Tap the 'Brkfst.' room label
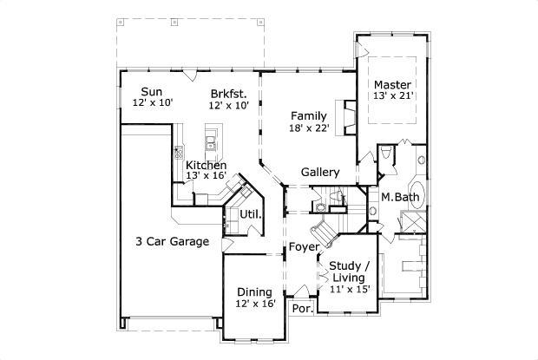click(229, 93)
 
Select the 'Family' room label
click(308, 115)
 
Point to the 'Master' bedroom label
click(393, 84)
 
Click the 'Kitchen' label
click(206, 165)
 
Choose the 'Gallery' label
click(319, 172)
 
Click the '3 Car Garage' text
click(172, 241)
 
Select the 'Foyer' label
click(305, 246)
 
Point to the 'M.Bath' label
click(401, 198)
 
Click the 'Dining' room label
click(254, 291)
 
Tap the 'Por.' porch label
click(302, 308)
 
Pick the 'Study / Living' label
click(351, 271)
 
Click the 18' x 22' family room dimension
click(308, 128)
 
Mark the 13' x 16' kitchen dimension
click(206, 176)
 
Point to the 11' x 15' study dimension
click(351, 289)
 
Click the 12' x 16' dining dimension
click(255, 304)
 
